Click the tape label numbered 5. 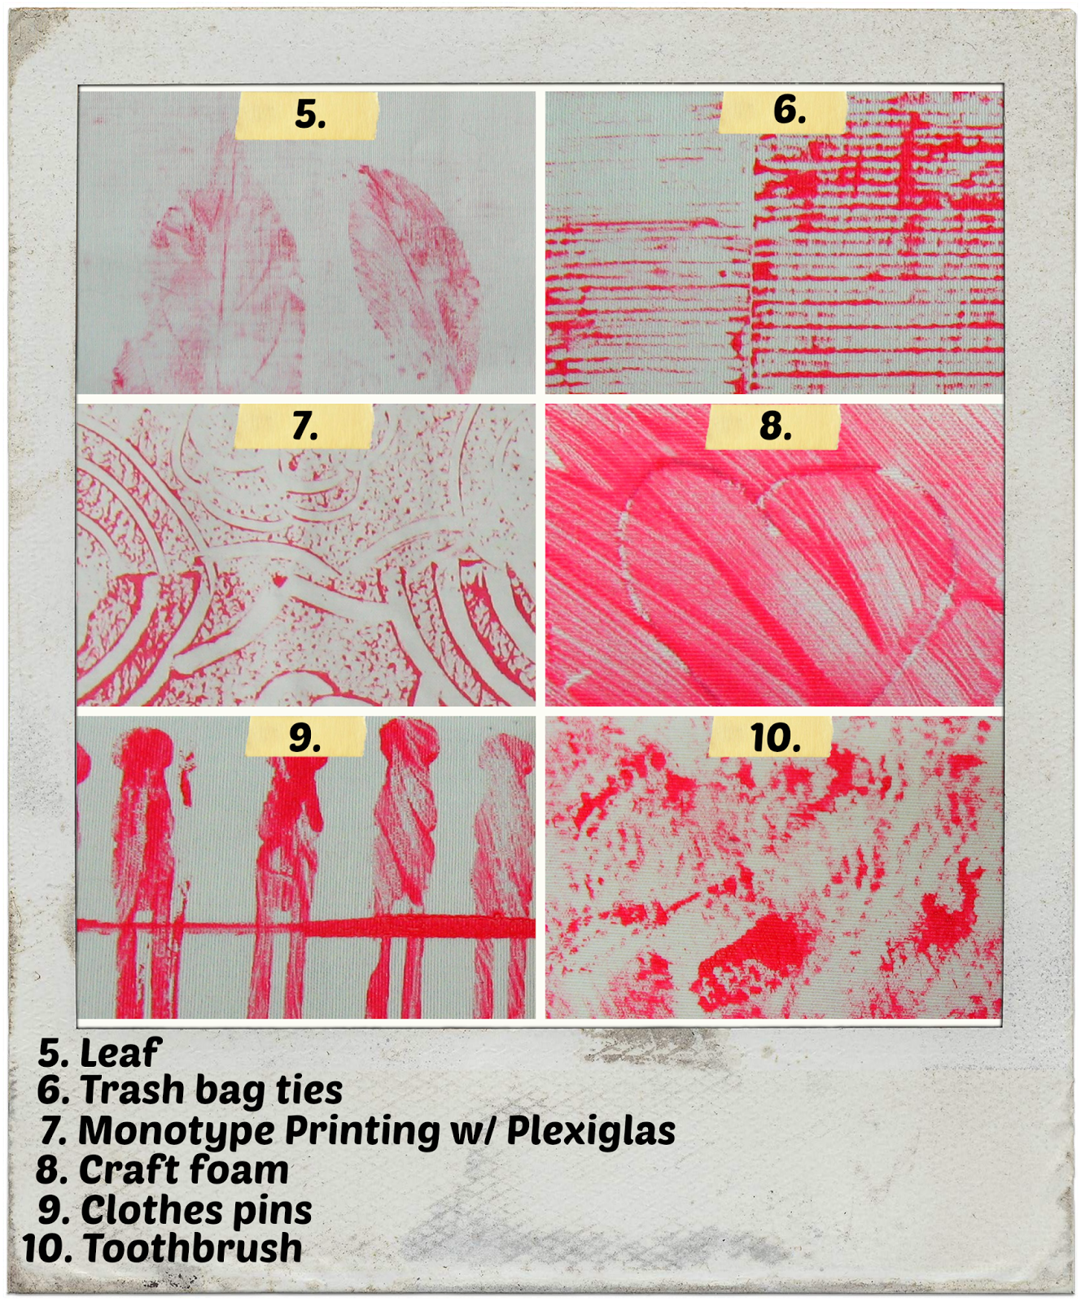pyautogui.click(x=308, y=115)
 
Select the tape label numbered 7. pyautogui.click(x=304, y=426)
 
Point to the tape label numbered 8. pyautogui.click(x=773, y=426)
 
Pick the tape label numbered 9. pyautogui.click(x=304, y=737)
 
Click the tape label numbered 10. pyautogui.click(x=772, y=737)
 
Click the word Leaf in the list pyautogui.click(x=120, y=1053)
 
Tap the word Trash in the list pyautogui.click(x=132, y=1090)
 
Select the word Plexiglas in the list pyautogui.click(x=591, y=1131)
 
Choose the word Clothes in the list pyautogui.click(x=151, y=1210)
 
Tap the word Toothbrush pyautogui.click(x=192, y=1249)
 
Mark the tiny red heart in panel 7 pyautogui.click(x=279, y=581)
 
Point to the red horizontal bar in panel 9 pyautogui.click(x=309, y=926)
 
